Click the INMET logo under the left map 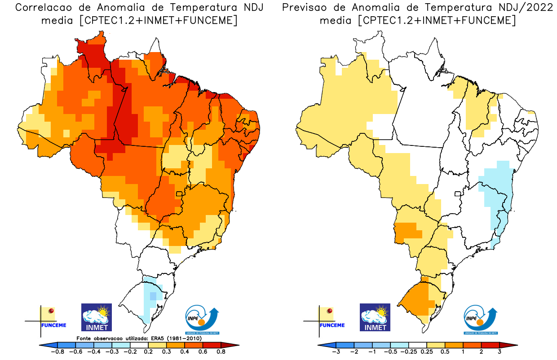(96, 317)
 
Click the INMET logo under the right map (375, 317)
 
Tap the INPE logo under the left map (203, 319)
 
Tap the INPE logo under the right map (480, 319)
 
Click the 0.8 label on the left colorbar (221, 352)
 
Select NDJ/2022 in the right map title (512, 8)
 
